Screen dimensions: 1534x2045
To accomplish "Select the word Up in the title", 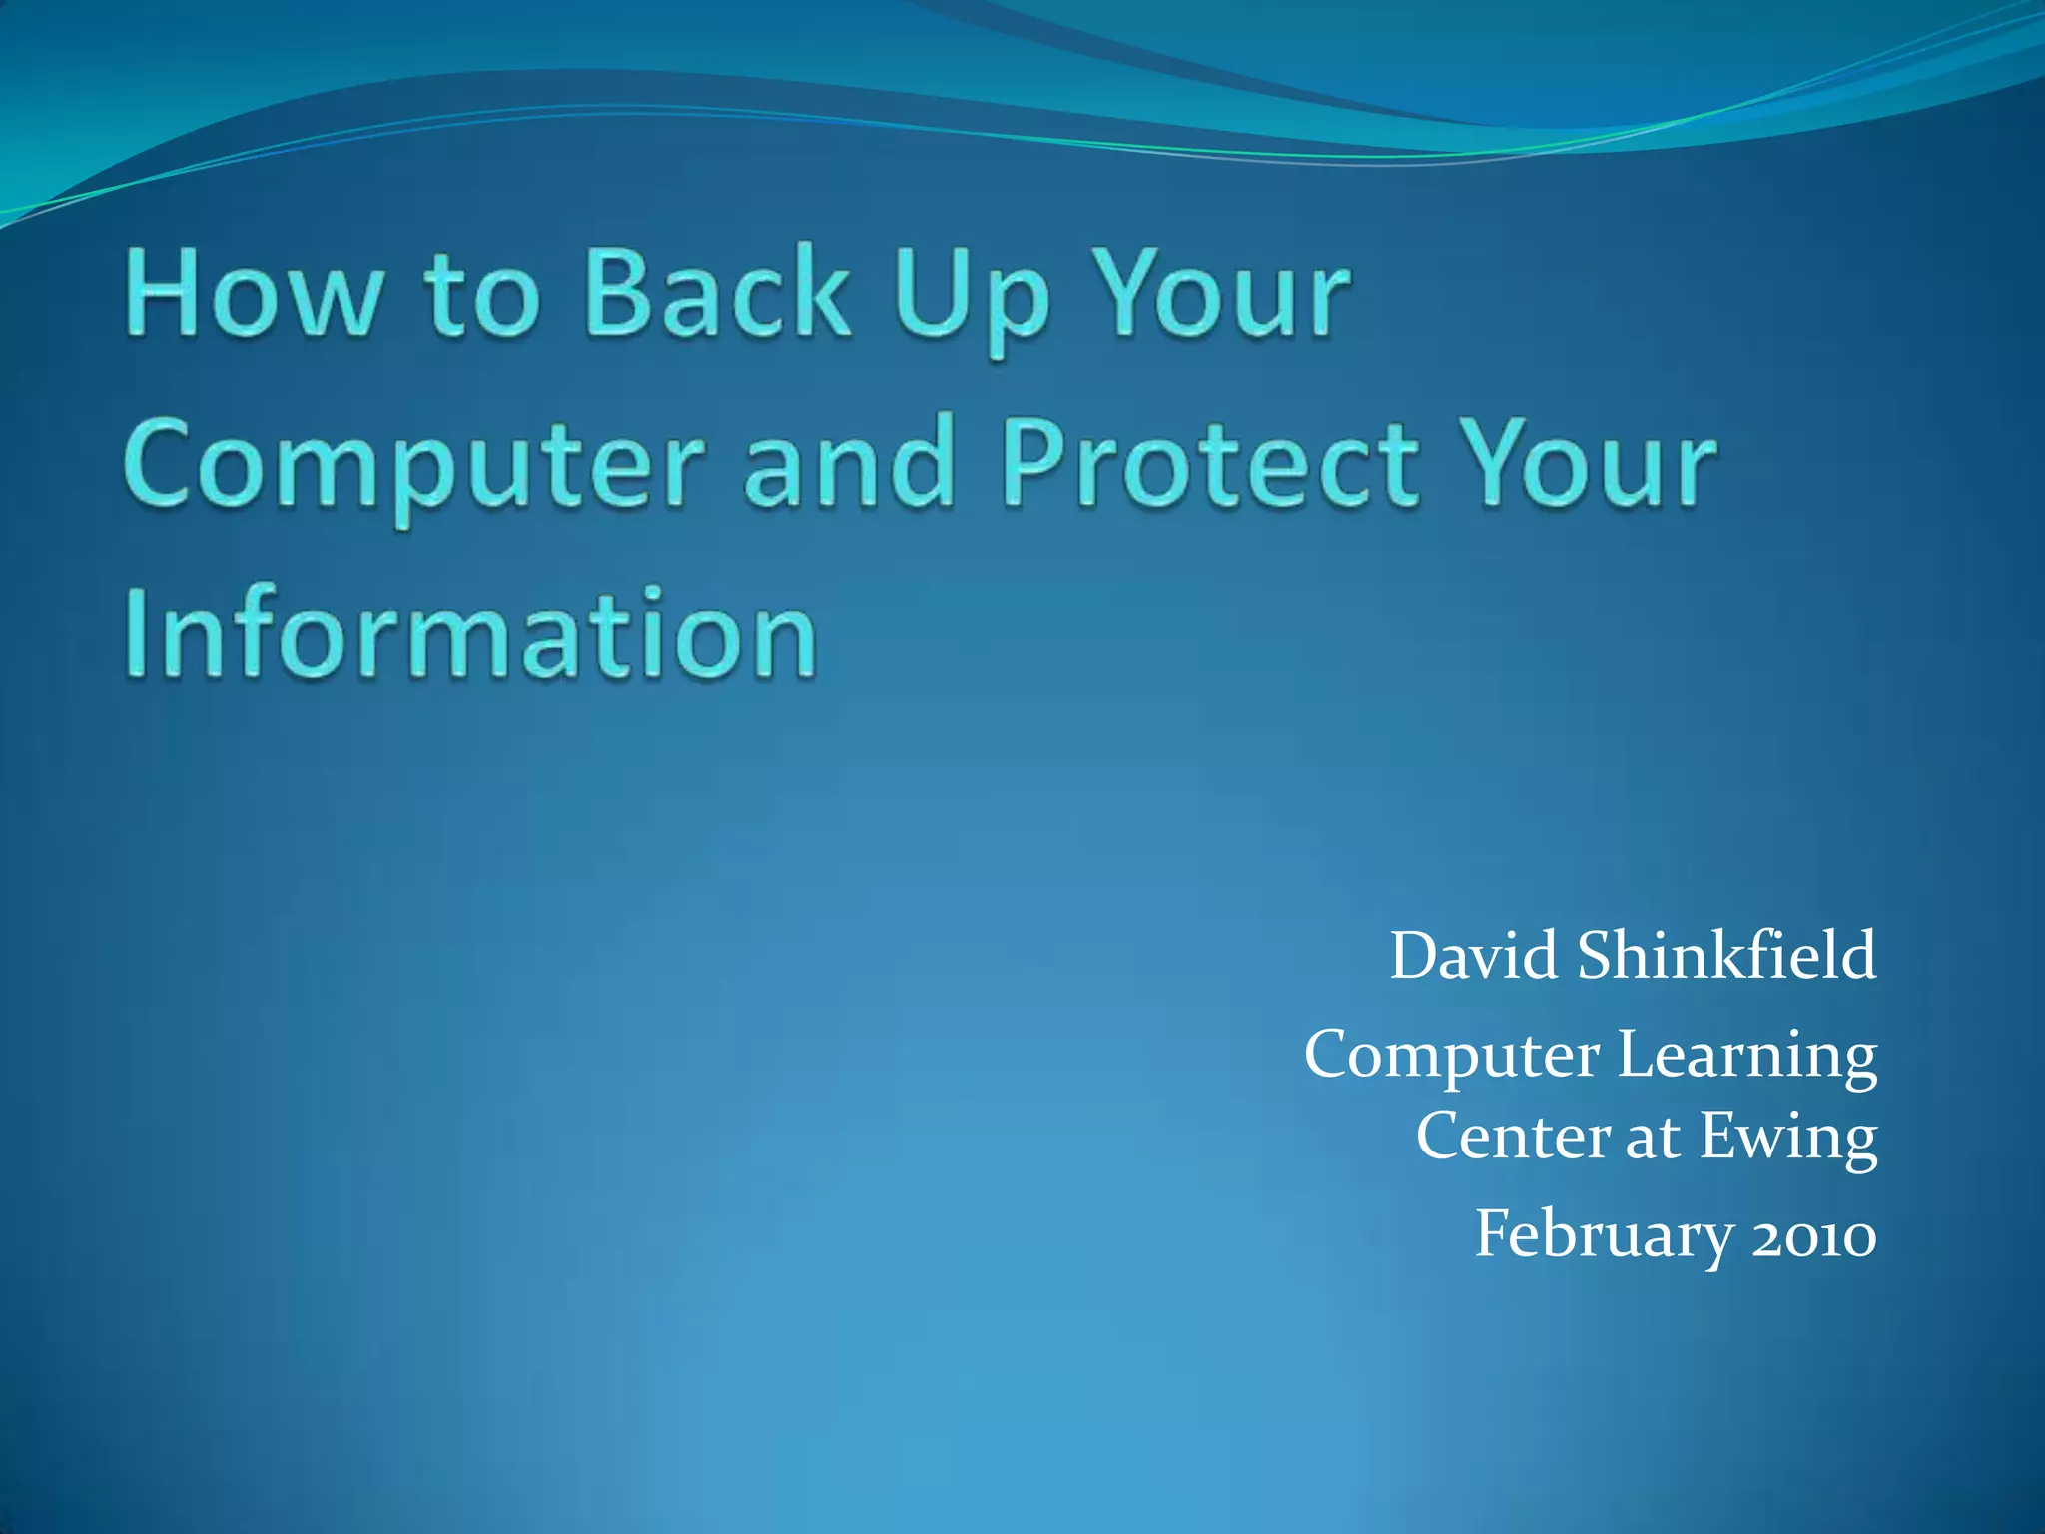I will pyautogui.click(x=972, y=297).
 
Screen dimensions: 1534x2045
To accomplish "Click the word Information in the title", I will pyautogui.click(x=471, y=634).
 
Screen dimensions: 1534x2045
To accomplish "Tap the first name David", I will pyautogui.click(x=1473, y=956).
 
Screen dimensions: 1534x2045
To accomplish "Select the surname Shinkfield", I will pyautogui.click(x=1726, y=956).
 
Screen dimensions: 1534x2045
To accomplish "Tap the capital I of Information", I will pyautogui.click(x=139, y=634).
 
